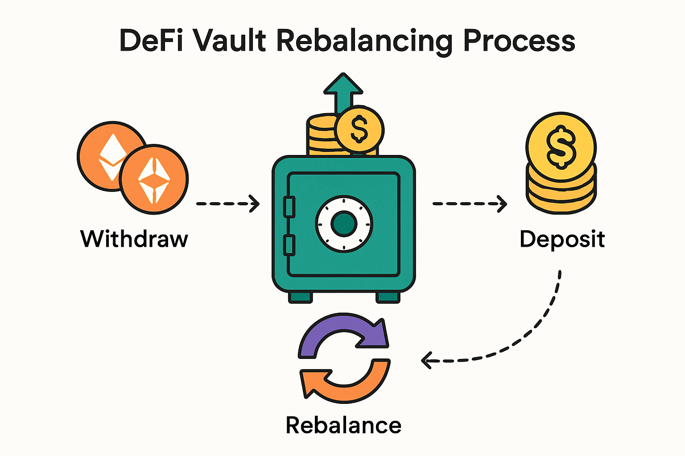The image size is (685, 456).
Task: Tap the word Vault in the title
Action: (x=230, y=41)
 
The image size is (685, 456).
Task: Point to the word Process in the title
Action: (x=519, y=41)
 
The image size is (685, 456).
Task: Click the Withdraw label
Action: (x=134, y=239)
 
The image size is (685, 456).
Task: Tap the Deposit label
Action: (x=562, y=239)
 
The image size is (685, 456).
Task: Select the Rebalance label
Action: (x=343, y=425)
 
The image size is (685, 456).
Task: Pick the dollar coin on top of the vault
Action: (x=359, y=130)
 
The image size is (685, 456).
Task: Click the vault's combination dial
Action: (x=344, y=223)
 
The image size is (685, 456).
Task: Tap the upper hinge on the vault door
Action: (x=289, y=208)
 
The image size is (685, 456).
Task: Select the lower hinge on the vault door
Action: (x=289, y=246)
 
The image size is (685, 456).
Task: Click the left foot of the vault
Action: (x=300, y=297)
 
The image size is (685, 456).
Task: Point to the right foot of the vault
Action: (x=388, y=297)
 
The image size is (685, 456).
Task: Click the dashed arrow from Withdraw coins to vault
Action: (x=228, y=204)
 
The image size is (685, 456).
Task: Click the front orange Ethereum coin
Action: (x=154, y=179)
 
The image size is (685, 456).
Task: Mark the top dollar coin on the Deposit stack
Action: (x=561, y=146)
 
